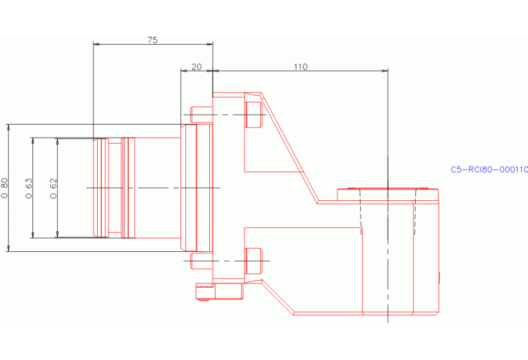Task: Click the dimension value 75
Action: click(x=152, y=40)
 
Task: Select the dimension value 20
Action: click(x=196, y=67)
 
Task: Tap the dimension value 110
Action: click(x=300, y=67)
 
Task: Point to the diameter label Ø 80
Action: click(x=5, y=188)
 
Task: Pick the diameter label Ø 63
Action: click(x=29, y=188)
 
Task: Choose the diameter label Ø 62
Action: click(x=54, y=188)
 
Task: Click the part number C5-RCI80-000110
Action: click(x=489, y=169)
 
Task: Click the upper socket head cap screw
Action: click(x=253, y=114)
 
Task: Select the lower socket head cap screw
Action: click(x=253, y=260)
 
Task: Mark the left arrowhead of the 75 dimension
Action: click(x=96, y=44)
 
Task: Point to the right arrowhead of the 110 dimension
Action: click(x=386, y=71)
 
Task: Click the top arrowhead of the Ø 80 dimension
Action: click(x=8, y=127)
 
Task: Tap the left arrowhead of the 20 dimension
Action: click(x=182, y=71)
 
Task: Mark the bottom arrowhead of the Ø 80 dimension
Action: click(x=8, y=248)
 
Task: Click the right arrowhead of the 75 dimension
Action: click(x=210, y=44)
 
